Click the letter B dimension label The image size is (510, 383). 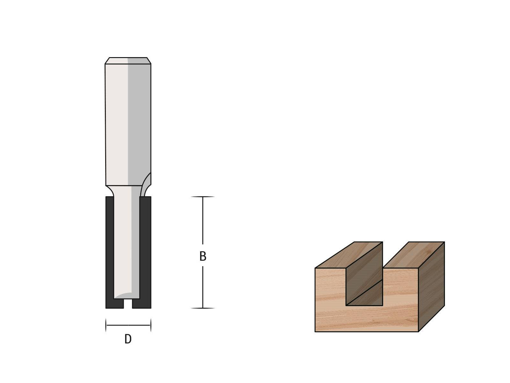click(x=203, y=256)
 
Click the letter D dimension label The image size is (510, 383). click(x=128, y=339)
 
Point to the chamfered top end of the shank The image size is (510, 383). click(x=128, y=61)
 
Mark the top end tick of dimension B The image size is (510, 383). click(x=203, y=197)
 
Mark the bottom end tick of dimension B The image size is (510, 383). click(x=203, y=308)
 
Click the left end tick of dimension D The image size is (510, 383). click(x=106, y=325)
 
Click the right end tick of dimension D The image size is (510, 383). click(x=150, y=325)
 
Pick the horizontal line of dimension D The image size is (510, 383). click(x=128, y=325)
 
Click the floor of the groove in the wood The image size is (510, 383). click(x=364, y=294)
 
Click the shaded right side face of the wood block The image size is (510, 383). click(x=431, y=287)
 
